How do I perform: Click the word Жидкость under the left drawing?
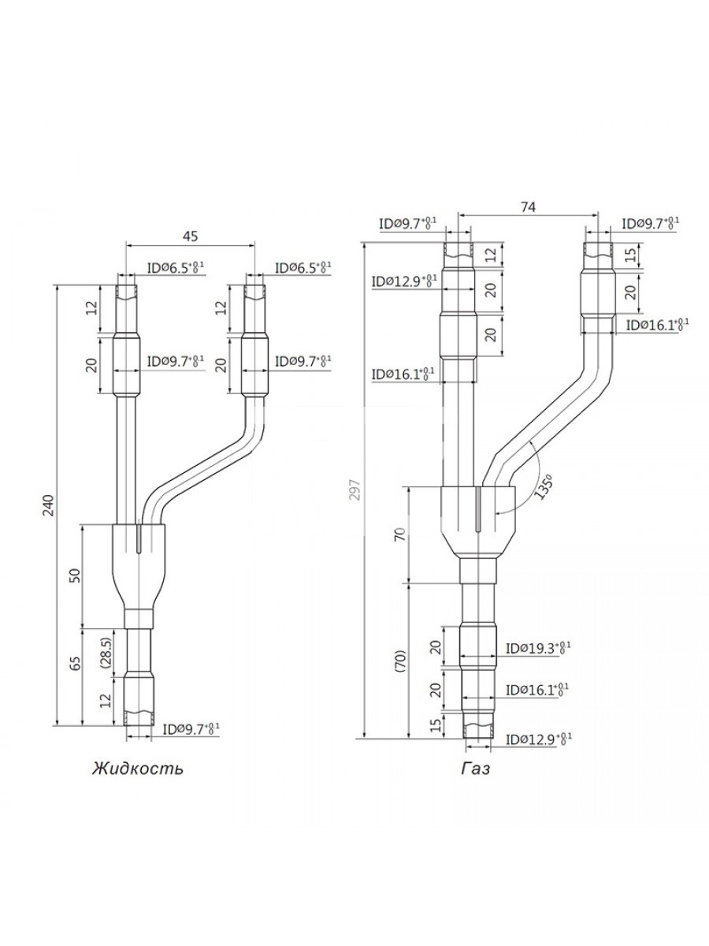138,769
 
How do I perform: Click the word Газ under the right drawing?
476,769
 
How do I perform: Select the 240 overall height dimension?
48,505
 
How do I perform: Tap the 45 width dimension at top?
190,236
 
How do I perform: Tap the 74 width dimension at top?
528,207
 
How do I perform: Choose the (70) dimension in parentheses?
400,661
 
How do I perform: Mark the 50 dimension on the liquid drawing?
76,575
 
